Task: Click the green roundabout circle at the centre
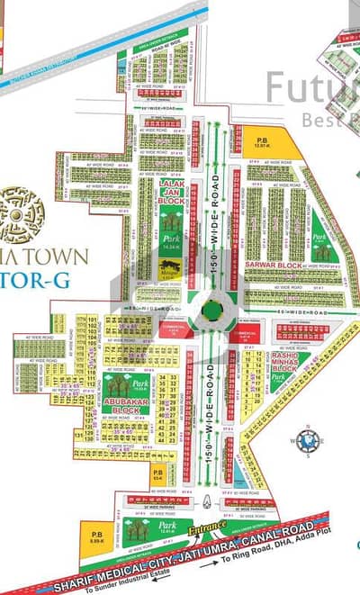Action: (211, 310)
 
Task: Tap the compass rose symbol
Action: (308, 441)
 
